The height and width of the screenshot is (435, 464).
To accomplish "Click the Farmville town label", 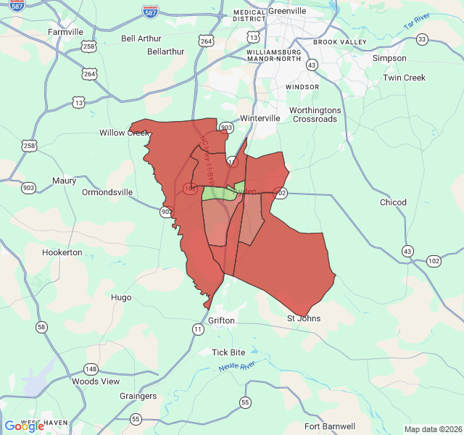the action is (66, 32).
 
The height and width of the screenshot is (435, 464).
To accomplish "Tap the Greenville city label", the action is (288, 12).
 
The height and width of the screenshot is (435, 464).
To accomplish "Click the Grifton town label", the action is (222, 320).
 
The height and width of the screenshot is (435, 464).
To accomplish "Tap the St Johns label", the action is (304, 318).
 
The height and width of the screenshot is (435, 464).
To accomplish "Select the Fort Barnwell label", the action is (330, 426).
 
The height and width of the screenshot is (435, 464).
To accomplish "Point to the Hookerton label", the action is (62, 252).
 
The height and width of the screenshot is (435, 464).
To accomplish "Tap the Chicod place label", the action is (393, 202).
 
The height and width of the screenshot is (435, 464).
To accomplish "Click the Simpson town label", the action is (389, 58).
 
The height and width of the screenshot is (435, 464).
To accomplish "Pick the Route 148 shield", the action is (91, 369).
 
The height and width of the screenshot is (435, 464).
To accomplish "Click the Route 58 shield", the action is (41, 327).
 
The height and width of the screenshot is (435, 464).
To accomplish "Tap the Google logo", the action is (24, 426).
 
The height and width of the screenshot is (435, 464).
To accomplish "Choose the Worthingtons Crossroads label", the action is (315, 115).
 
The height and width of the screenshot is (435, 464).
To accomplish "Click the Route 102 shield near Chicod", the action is (434, 260).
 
